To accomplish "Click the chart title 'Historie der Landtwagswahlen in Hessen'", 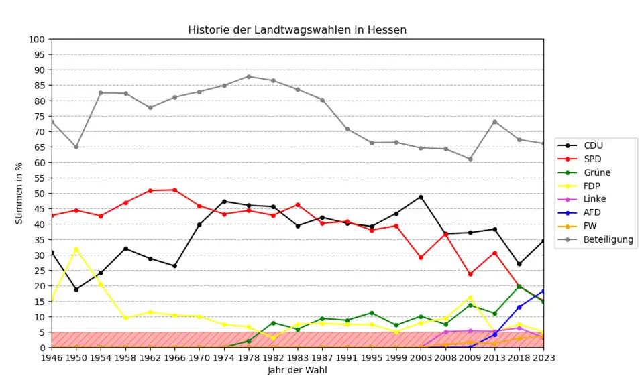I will pos(297,30).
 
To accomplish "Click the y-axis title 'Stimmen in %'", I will pos(19,193).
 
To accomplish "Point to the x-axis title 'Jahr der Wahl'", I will pos(297,370).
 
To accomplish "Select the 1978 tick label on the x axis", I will pos(249,358).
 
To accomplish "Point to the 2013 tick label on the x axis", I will pos(494,358).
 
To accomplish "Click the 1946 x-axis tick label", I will pos(52,358).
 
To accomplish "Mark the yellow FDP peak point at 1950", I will pos(76,249).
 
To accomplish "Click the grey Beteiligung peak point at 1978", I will pos(249,76).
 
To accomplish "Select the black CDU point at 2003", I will pos(421,197).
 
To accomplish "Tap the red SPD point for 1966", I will pos(175,190).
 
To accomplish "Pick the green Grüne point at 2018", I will pos(519,286).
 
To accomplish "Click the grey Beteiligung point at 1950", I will pos(76,147).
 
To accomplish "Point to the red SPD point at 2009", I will pos(470,274).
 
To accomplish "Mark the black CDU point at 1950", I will pos(76,289).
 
